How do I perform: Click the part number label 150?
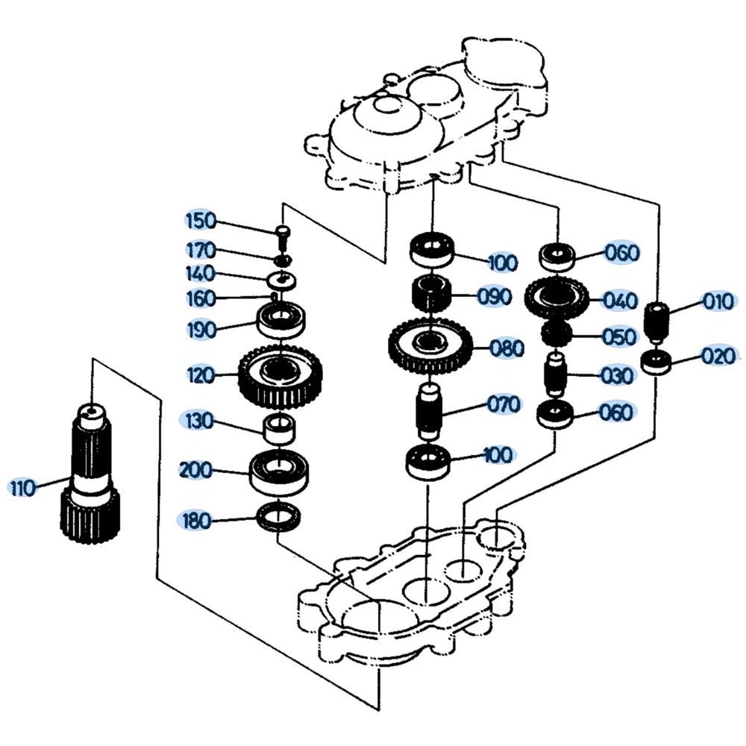pyautogui.click(x=200, y=221)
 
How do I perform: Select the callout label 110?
pyautogui.click(x=22, y=489)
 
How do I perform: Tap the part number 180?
pyautogui.click(x=196, y=521)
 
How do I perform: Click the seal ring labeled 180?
pyautogui.click(x=280, y=518)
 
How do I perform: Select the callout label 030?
pyautogui.click(x=616, y=375)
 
